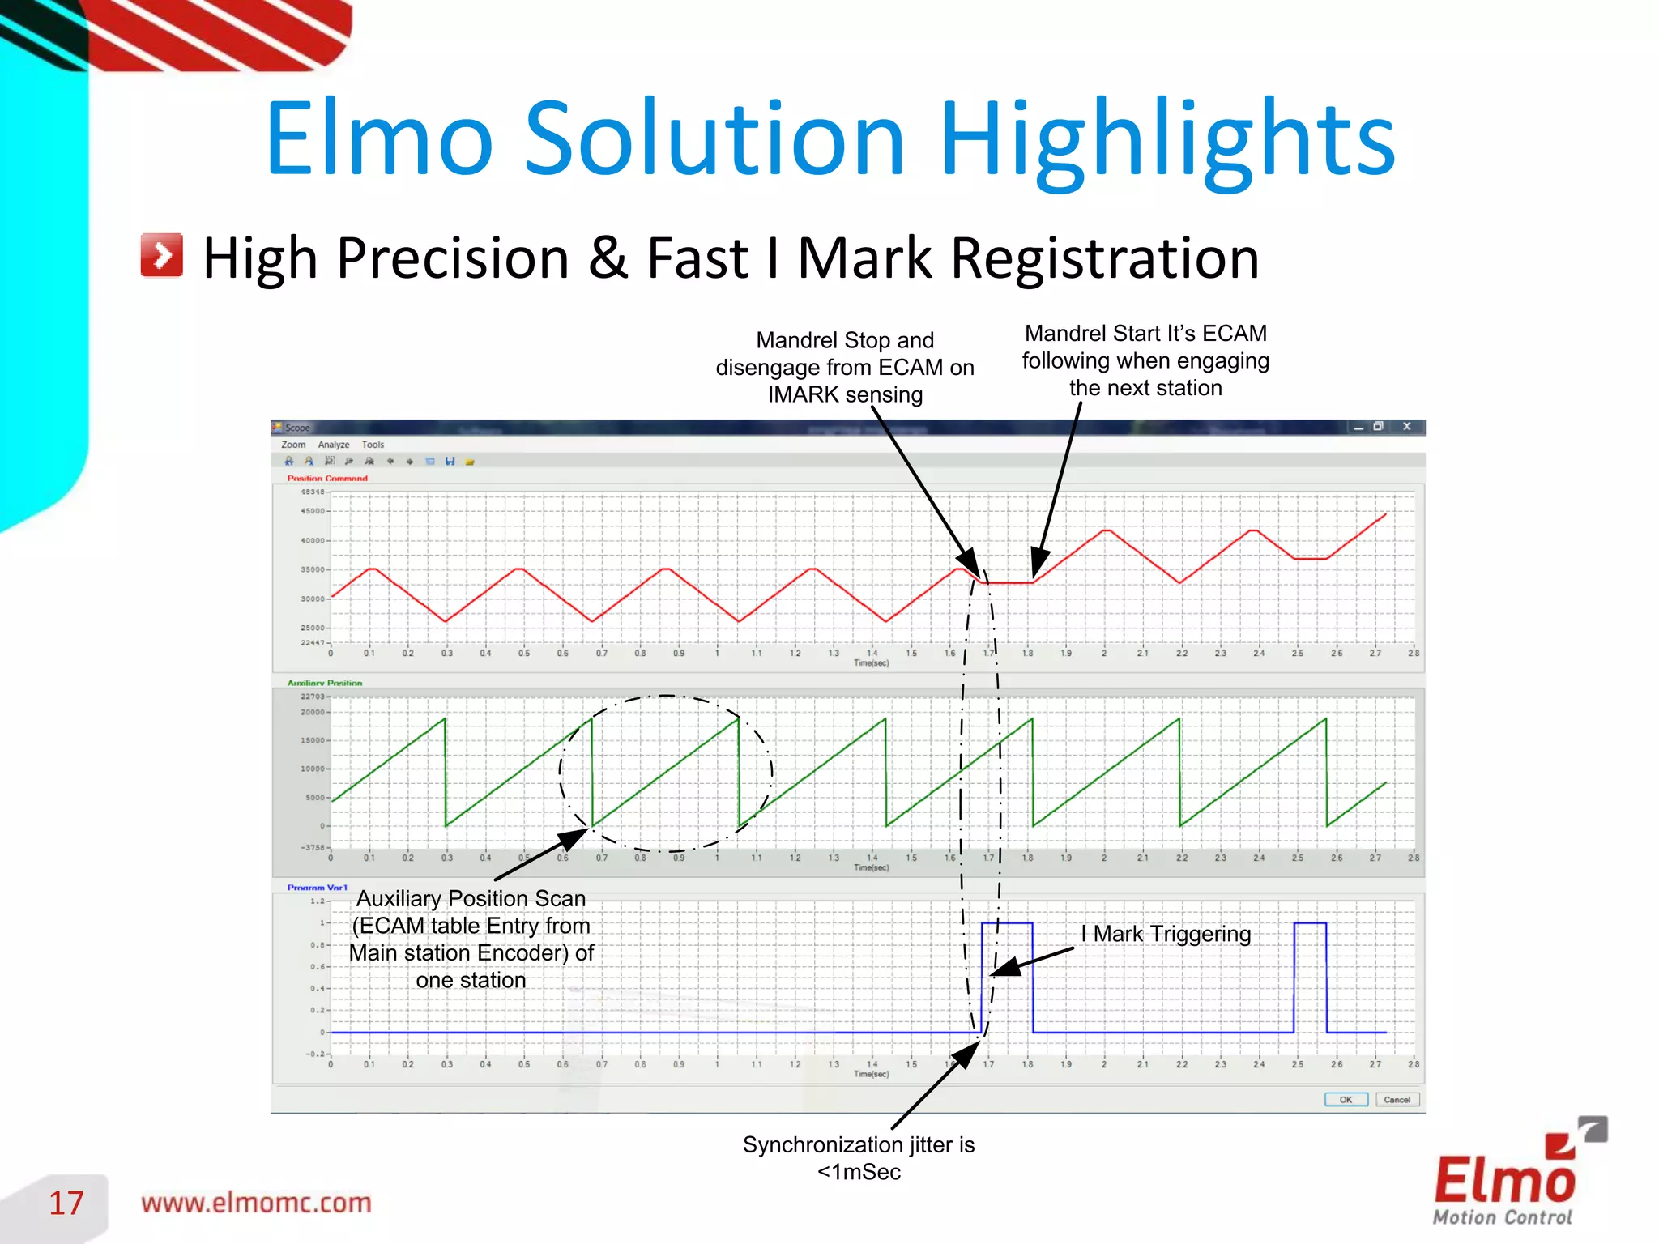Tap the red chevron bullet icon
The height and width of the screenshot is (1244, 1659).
point(161,256)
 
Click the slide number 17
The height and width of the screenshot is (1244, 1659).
point(66,1203)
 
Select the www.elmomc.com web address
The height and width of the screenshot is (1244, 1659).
point(256,1203)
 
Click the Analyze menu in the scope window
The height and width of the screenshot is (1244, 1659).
point(334,445)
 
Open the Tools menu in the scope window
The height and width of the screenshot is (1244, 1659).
point(373,445)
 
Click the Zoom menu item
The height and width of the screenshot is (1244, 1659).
point(293,445)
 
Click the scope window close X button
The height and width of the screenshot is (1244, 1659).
point(1407,427)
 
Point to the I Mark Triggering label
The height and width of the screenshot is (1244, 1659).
point(1166,934)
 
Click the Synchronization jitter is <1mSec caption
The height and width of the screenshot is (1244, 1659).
point(859,1158)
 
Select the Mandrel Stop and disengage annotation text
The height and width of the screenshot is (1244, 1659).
point(845,367)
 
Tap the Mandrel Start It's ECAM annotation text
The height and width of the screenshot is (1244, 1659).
point(1145,360)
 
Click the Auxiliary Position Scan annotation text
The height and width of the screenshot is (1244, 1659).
point(471,939)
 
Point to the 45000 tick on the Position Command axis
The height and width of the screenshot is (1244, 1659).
point(313,511)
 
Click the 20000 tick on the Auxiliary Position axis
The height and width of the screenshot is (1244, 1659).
point(313,713)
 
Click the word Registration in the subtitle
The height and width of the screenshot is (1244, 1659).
point(1104,258)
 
